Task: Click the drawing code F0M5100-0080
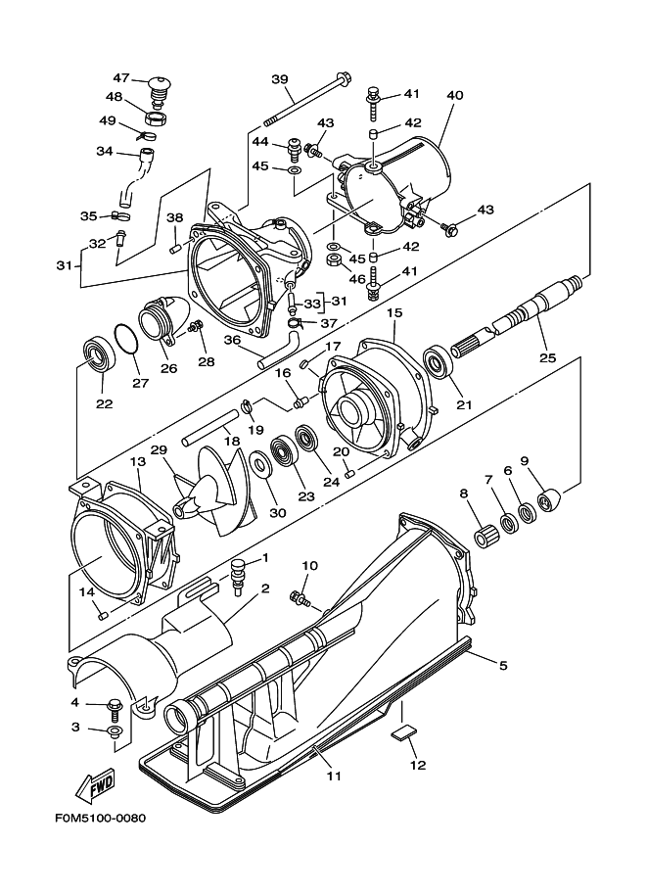(100, 819)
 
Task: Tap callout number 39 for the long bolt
(279, 78)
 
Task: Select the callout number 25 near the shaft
(547, 358)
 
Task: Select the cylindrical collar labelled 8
(486, 539)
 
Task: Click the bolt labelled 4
(114, 709)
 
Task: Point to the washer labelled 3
(113, 731)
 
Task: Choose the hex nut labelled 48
(156, 119)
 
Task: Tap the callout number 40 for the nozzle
(454, 95)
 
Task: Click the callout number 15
(394, 312)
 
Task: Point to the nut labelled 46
(335, 262)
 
